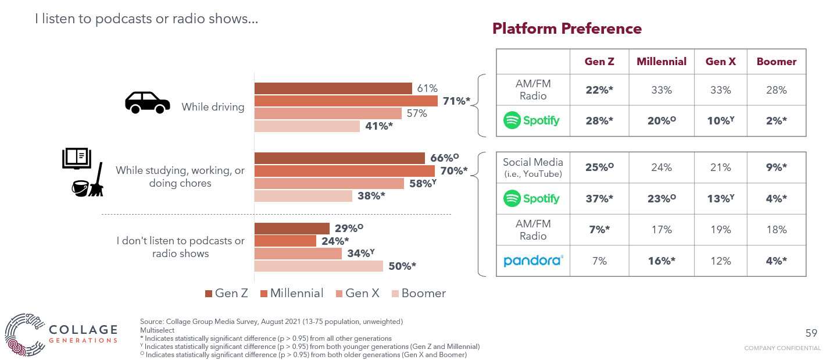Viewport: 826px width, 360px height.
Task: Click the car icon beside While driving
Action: (148, 102)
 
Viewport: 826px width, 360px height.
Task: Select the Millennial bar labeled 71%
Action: (346, 101)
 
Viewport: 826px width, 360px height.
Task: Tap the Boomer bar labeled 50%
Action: (319, 266)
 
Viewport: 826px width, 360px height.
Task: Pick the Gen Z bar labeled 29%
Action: (292, 228)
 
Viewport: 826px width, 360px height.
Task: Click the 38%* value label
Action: (371, 196)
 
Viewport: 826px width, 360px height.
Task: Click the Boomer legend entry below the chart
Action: (419, 293)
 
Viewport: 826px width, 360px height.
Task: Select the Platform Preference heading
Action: (567, 28)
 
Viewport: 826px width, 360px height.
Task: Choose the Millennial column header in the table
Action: (661, 62)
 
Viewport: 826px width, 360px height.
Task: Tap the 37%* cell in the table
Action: (599, 198)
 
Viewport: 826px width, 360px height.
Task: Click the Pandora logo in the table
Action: (533, 261)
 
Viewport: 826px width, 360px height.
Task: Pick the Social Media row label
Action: (533, 167)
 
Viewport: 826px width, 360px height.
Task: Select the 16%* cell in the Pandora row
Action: (661, 261)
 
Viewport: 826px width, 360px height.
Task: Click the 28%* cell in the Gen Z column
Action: (599, 120)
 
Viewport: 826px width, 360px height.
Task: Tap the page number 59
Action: (811, 333)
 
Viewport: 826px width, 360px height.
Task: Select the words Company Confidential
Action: (782, 348)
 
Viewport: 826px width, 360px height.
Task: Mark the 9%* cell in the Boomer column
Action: (776, 167)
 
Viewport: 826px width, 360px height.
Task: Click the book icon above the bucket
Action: (76, 158)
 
